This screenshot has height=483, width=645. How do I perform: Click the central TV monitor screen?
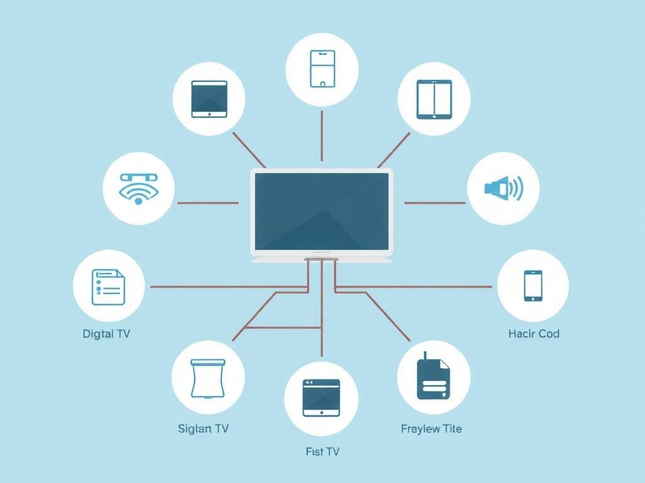tap(321, 211)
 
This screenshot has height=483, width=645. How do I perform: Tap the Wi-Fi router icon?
tap(139, 189)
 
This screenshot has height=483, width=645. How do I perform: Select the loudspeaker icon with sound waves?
tap(503, 189)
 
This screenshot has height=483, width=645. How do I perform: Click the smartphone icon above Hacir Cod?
tap(533, 286)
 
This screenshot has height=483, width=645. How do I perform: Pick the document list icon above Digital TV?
tap(108, 287)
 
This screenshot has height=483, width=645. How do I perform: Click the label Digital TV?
tap(106, 333)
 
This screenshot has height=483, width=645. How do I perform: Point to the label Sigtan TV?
tap(203, 429)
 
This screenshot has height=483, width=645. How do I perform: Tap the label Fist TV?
tap(322, 452)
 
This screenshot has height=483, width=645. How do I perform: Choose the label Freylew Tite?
tap(431, 429)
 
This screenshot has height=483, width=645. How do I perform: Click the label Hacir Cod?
tap(534, 333)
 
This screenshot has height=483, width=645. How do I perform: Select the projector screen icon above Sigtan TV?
tap(208, 379)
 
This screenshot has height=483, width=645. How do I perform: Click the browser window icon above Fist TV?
tap(321, 397)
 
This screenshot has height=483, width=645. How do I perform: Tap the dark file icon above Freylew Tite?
tap(433, 376)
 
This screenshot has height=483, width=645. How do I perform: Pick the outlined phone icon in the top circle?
tap(322, 69)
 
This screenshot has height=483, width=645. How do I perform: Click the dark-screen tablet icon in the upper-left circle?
tap(209, 99)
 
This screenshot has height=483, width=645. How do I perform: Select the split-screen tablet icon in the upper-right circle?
tap(434, 99)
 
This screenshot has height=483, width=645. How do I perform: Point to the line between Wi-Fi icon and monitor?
tap(208, 203)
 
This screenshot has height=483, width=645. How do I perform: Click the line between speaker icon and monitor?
tap(435, 203)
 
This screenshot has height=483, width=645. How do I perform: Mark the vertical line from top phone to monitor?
tap(322, 136)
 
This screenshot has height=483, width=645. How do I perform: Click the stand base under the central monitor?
tap(321, 260)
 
